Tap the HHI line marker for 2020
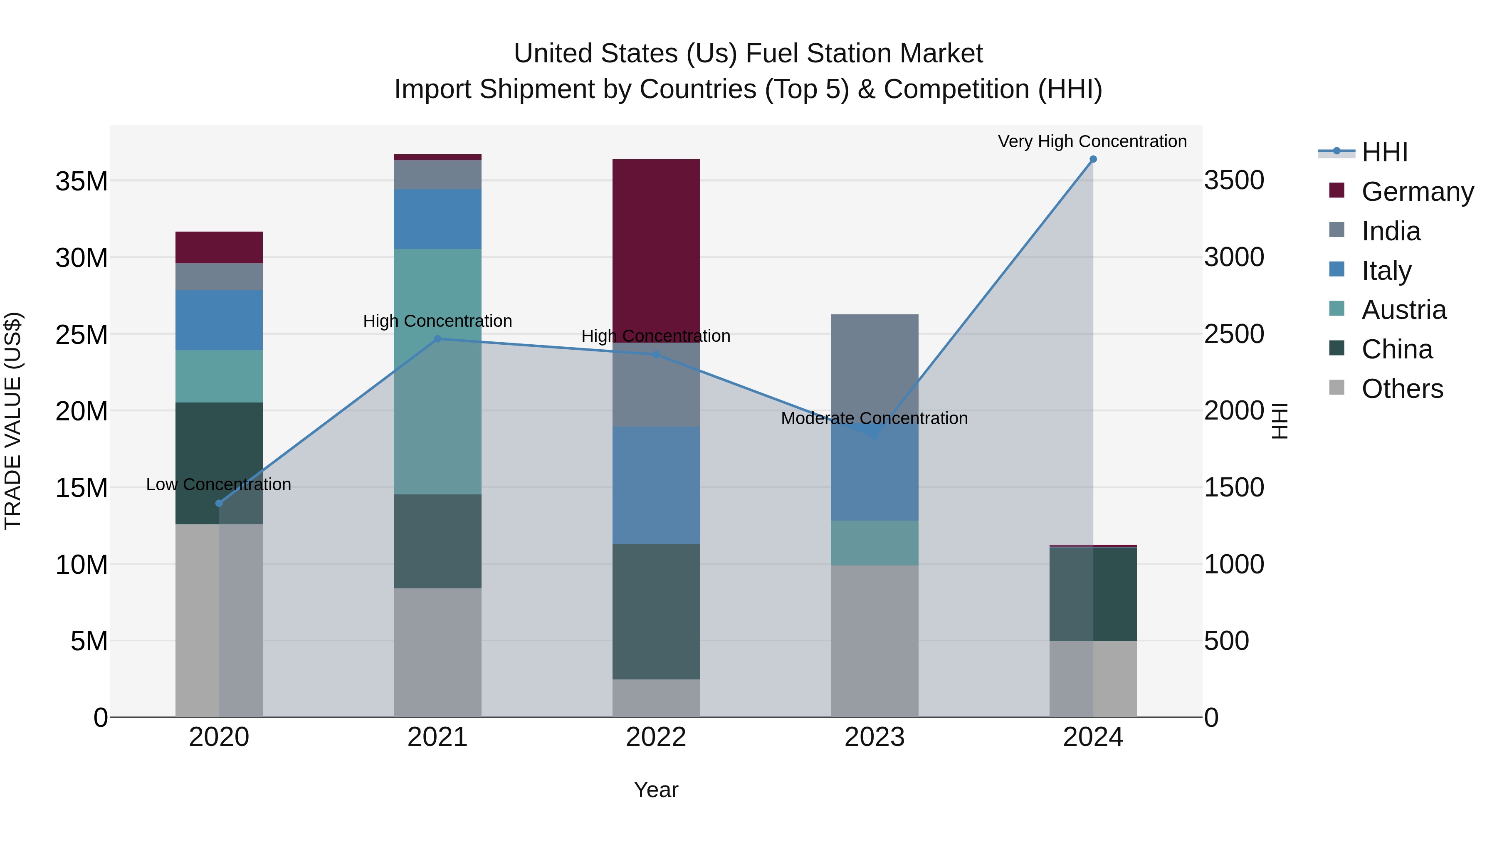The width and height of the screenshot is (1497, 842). pos(219,503)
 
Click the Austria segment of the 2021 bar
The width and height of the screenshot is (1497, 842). pos(437,371)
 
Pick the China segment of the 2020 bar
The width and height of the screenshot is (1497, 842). pos(219,463)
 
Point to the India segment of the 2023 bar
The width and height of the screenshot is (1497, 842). pos(874,366)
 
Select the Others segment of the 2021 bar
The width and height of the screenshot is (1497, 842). pos(437,652)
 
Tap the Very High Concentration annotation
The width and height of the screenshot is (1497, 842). pos(1092,142)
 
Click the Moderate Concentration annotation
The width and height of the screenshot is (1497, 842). pos(874,418)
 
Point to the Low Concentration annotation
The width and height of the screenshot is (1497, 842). pos(218,485)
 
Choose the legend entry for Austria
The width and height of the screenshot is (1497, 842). pos(1403,310)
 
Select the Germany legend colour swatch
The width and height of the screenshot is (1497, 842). pos(1336,190)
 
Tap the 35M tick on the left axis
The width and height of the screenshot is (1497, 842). pos(82,181)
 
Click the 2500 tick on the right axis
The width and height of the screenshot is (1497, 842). pos(1234,334)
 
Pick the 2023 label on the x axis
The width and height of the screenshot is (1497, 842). pos(874,737)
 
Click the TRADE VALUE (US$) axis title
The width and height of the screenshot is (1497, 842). pos(13,421)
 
